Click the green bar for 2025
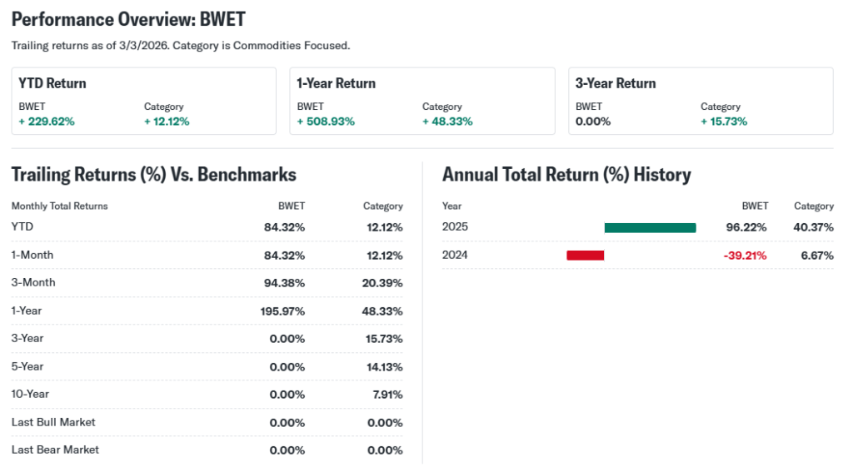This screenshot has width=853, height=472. (x=650, y=227)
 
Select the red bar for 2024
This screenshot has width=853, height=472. (x=585, y=256)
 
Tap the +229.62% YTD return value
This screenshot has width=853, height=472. (x=47, y=122)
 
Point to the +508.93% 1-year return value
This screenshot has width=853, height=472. (x=326, y=122)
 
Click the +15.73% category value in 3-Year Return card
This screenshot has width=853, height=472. (x=724, y=122)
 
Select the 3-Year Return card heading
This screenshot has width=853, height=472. (x=616, y=83)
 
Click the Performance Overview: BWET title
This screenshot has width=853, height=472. (x=128, y=19)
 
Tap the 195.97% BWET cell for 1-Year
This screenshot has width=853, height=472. (x=282, y=311)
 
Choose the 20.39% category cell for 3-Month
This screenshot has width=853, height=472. (x=383, y=283)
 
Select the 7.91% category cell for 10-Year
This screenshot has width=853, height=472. (x=387, y=395)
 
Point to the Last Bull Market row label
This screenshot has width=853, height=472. (x=53, y=422)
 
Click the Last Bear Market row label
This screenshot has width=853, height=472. (x=55, y=450)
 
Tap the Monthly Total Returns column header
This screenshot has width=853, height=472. (x=60, y=206)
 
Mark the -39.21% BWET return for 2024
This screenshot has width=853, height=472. (x=745, y=256)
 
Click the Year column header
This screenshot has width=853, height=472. (x=451, y=206)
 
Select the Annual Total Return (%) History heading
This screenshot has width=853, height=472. (x=566, y=175)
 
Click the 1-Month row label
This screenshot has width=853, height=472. (x=32, y=255)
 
